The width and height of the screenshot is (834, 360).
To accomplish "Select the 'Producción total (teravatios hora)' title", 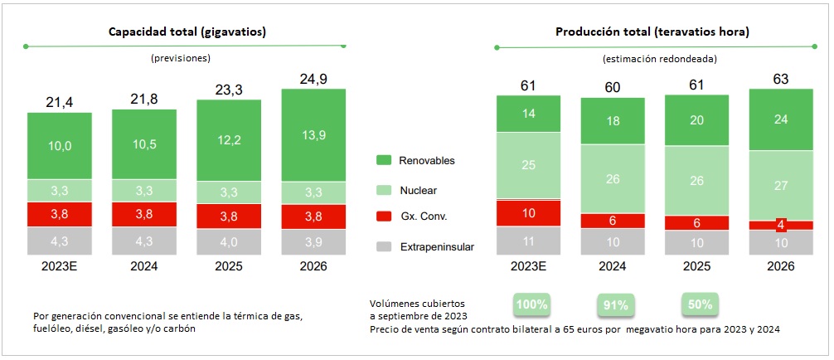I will (x=652, y=32).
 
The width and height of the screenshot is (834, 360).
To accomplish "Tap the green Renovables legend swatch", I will (x=384, y=160).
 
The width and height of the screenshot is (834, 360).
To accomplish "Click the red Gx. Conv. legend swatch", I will (x=384, y=216).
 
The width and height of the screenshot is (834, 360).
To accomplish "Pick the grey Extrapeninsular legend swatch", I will (x=384, y=246).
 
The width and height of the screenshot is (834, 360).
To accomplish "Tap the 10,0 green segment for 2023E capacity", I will (x=60, y=146).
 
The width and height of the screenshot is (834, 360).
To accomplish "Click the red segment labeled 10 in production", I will (x=529, y=212).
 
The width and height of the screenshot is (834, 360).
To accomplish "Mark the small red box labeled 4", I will (x=780, y=225).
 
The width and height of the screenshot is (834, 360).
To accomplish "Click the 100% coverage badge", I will (x=531, y=304).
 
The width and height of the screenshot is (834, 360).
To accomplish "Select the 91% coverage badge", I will (x=615, y=304).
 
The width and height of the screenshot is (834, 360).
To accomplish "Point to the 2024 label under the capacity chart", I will (x=144, y=266).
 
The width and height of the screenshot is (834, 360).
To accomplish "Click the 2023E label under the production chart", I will (x=529, y=266).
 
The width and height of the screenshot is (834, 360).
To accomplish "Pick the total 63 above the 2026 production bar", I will (x=780, y=80).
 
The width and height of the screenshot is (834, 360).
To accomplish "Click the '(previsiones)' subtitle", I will (x=181, y=59).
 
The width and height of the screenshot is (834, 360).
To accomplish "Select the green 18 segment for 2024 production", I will (x=613, y=121).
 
